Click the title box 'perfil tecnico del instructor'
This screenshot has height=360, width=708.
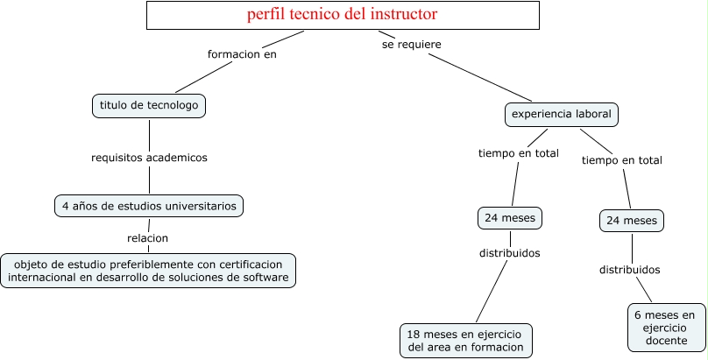pos(342,15)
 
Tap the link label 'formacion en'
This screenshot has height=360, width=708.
pos(242,53)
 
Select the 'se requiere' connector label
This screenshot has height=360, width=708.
pos(411,43)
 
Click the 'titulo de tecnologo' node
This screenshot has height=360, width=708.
pos(149,106)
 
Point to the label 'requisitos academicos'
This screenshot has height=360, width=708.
pos(149,158)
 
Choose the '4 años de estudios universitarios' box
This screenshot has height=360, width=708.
pos(149,206)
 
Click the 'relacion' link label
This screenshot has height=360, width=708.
pos(147,237)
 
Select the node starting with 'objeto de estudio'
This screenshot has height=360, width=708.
pos(148,270)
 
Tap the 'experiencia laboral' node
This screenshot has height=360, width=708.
pos(562,114)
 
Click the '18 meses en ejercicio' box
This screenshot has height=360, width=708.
pos(465,340)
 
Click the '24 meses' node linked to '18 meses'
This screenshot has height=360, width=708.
pos(510,217)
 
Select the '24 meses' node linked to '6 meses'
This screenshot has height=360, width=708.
pos(631,221)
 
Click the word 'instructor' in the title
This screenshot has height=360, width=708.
pos(403,15)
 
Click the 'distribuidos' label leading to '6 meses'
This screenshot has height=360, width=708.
pos(629,270)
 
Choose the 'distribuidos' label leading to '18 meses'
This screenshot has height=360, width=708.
pos(509,253)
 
